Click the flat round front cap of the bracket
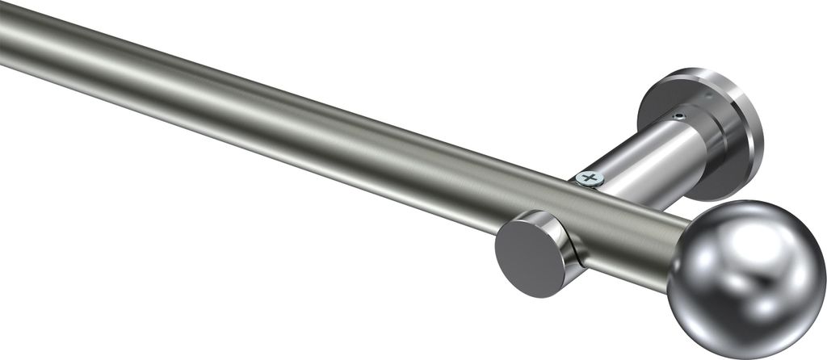[530, 257]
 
